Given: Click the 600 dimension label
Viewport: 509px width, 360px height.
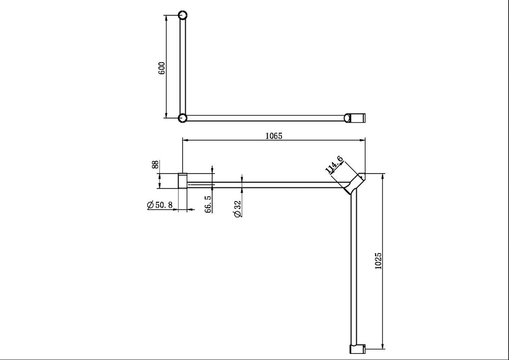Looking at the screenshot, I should click(162, 68).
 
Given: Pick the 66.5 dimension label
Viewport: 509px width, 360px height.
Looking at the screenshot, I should click(208, 204).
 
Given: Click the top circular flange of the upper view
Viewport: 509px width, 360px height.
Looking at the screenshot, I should click(183, 15).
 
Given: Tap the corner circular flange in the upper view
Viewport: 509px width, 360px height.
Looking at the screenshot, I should click(183, 118).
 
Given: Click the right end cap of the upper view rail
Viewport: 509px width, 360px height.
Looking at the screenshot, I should click(356, 118).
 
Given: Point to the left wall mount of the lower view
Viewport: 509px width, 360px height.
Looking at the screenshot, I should click(182, 181).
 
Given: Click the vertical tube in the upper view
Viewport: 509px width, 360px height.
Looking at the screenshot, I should click(183, 66).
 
